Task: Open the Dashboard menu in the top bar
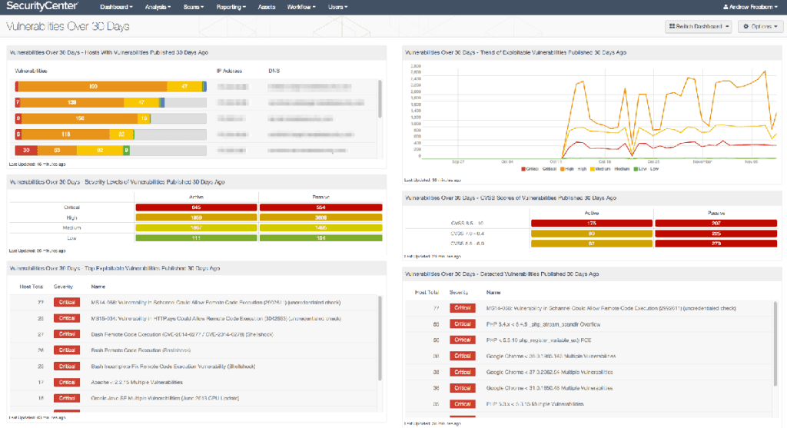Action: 116,7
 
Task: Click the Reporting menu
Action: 231,7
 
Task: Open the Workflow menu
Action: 304,7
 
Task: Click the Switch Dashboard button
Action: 699,27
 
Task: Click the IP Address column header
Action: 229,70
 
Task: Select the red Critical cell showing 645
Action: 197,207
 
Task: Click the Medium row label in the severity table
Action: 71,228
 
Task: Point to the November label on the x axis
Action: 702,162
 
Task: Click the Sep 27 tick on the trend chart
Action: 458,162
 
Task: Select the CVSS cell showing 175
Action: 591,223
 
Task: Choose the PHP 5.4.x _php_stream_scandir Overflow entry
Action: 538,323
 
